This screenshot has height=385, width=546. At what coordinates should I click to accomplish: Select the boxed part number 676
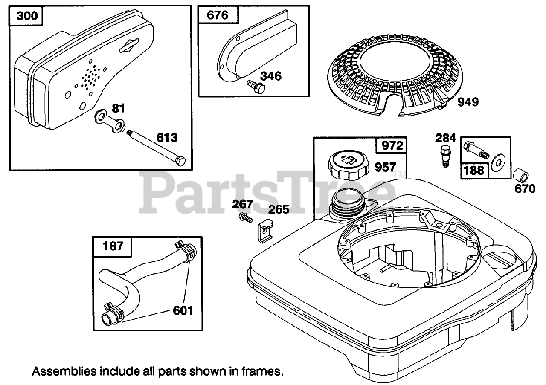(218, 16)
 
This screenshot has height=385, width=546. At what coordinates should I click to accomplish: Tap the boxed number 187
(113, 246)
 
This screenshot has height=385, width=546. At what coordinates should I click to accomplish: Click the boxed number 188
(474, 170)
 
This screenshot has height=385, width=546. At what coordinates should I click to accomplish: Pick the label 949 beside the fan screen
(467, 102)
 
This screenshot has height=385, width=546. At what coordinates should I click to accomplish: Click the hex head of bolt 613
(180, 161)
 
